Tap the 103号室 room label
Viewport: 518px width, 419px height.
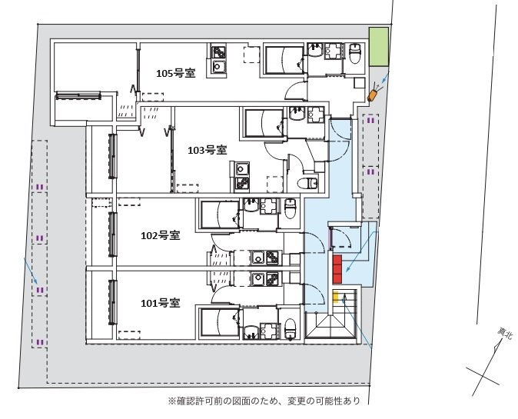[207, 150]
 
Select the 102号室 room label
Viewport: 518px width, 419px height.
[161, 235]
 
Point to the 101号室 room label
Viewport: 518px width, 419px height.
[161, 302]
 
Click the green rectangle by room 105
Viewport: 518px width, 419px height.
[377, 48]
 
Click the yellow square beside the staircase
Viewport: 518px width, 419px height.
[336, 296]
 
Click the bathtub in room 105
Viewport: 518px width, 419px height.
[284, 59]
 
